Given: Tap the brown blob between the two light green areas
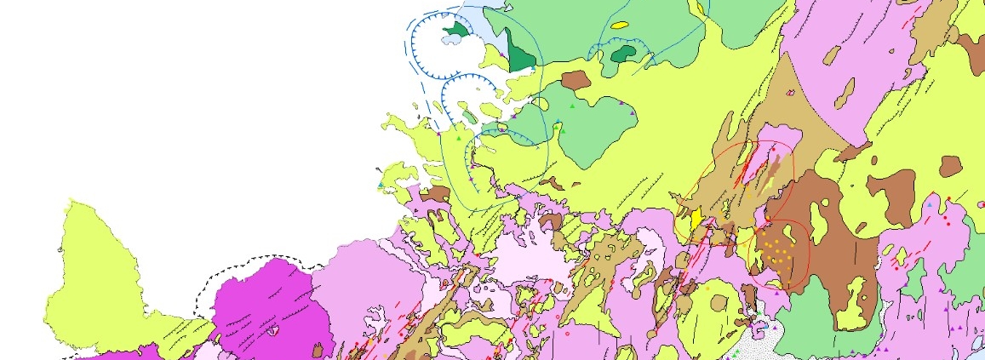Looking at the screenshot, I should pyautogui.click(x=576, y=80).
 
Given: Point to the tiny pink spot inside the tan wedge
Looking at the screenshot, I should pyautogui.click(x=793, y=91).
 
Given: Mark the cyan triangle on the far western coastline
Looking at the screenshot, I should pyautogui.click(x=380, y=185).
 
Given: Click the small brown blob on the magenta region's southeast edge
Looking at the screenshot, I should pyautogui.click(x=318, y=350).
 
